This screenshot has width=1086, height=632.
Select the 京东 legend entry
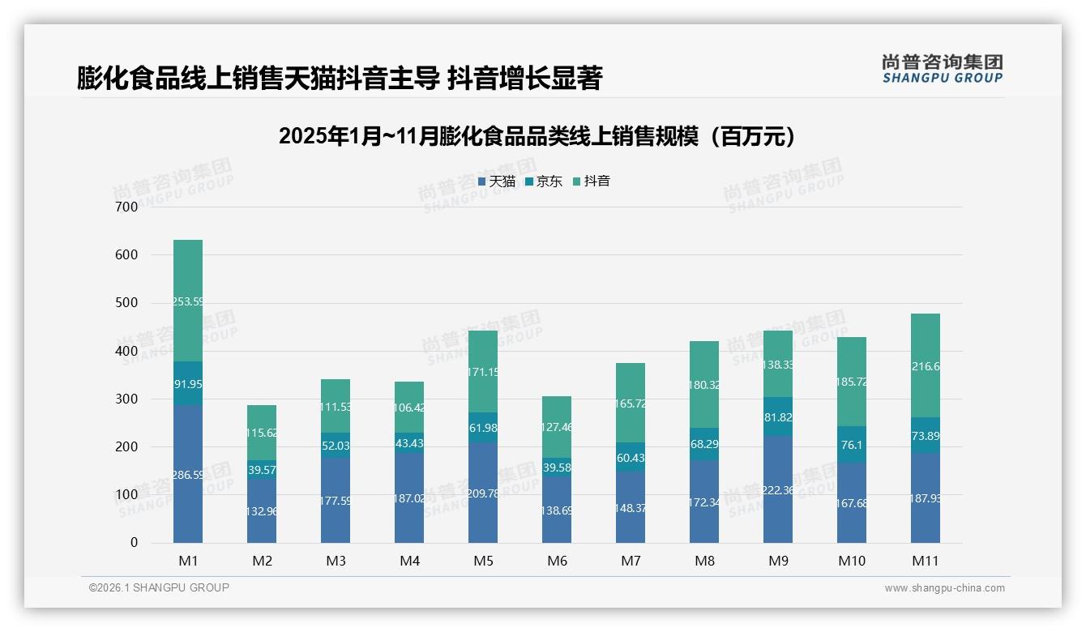(544, 181)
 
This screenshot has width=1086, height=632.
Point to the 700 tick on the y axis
(127, 207)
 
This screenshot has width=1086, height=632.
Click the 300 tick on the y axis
(127, 399)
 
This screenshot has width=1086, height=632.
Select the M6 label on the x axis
(557, 561)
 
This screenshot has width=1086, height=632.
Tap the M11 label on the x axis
(925, 561)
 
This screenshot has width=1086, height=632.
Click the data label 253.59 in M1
(188, 301)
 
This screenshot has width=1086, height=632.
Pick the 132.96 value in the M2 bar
(262, 511)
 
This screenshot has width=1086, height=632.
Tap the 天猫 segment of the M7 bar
(631, 507)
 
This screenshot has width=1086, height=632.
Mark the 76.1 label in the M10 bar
(852, 444)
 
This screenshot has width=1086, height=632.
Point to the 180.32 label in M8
(704, 385)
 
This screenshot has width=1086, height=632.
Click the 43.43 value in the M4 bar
(409, 444)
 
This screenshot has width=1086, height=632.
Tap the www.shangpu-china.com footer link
(944, 588)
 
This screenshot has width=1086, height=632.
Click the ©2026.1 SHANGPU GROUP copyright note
(159, 587)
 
